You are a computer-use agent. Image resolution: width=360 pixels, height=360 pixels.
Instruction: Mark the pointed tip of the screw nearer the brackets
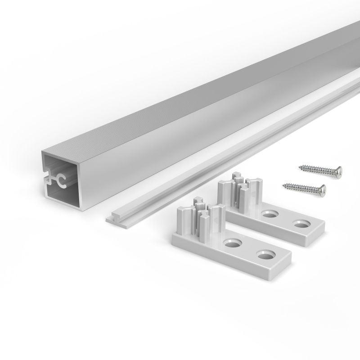click(x=282, y=184)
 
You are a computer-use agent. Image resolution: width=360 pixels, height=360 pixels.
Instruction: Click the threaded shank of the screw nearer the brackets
click(x=300, y=186)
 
